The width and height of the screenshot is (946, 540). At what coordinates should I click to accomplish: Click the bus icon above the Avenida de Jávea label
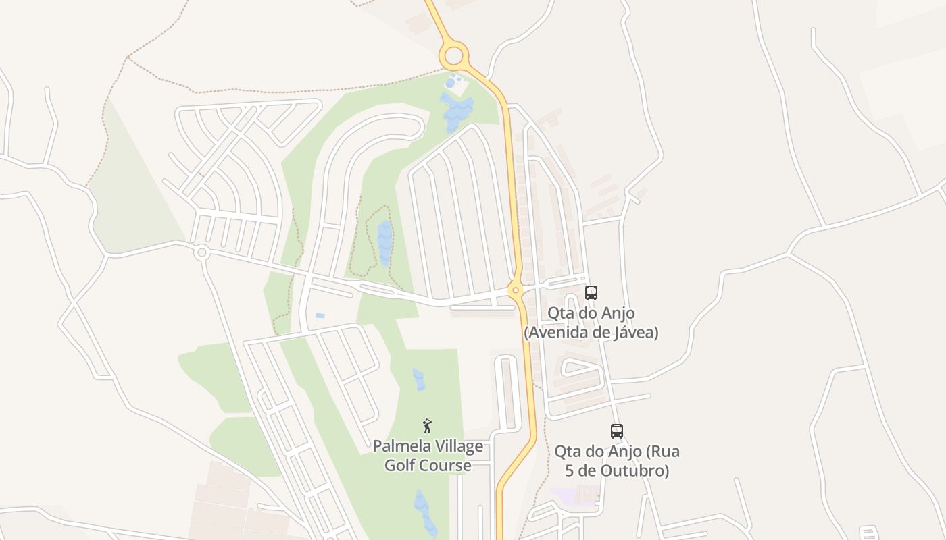coord(591,293)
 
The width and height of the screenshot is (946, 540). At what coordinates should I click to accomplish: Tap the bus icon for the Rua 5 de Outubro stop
coord(616,431)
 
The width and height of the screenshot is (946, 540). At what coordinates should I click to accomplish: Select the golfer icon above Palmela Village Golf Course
coord(427,426)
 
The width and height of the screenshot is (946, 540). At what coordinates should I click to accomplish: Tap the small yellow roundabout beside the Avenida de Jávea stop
coord(516,291)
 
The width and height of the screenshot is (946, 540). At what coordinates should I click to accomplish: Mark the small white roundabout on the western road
coord(201,253)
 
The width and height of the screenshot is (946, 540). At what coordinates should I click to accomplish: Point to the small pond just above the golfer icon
coord(419,379)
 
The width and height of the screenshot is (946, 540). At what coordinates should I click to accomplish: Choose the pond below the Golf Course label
coord(424,511)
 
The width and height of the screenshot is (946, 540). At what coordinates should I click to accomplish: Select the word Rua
coord(664,450)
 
